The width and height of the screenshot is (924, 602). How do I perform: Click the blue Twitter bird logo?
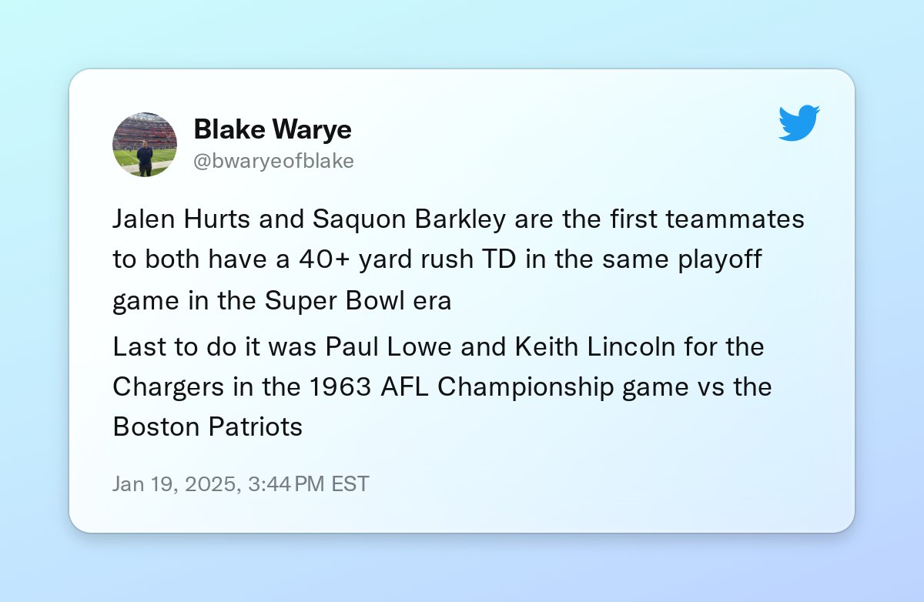pos(799,123)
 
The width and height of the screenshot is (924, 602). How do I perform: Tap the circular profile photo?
pos(145,145)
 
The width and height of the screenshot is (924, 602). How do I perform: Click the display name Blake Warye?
pos(273,129)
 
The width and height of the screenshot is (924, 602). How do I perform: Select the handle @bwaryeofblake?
pos(273,161)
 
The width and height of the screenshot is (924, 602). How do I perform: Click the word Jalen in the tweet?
pos(143,218)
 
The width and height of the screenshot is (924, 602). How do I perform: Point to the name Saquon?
pos(360,219)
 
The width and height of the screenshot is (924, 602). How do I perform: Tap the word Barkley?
pos(460,219)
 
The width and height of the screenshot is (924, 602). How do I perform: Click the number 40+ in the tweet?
pos(324,259)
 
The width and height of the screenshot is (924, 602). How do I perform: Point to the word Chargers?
pos(168,387)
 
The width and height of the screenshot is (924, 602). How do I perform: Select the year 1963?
pos(340,386)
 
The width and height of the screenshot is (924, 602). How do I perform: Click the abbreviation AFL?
pos(404,386)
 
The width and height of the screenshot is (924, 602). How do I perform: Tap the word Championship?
pos(525,387)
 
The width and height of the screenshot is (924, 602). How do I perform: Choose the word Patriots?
pos(256,426)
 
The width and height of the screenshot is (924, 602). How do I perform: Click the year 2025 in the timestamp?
pos(213,483)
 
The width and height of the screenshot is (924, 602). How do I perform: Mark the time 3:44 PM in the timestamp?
pos(286,483)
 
